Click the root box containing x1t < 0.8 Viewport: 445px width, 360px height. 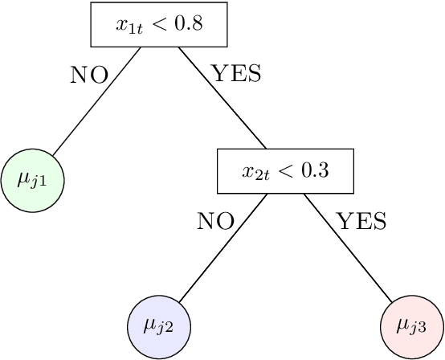(x=159, y=24)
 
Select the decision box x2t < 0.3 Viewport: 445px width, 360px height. (x=285, y=170)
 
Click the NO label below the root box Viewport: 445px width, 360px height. (x=89, y=75)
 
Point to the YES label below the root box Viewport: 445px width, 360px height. (x=235, y=75)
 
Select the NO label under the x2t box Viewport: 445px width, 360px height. (x=215, y=221)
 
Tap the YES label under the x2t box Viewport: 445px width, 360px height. (x=361, y=221)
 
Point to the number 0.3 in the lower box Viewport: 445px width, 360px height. (x=315, y=170)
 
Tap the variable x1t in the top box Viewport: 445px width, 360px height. (x=129, y=26)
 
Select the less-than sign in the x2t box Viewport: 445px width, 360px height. (x=285, y=170)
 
